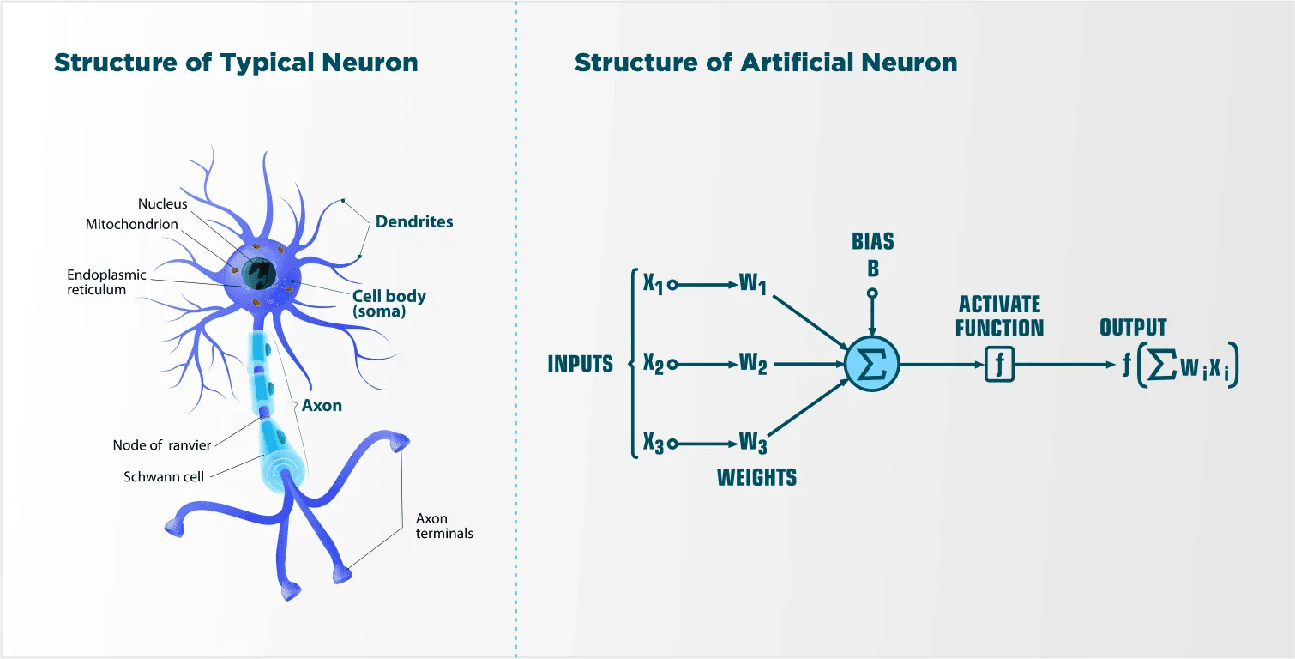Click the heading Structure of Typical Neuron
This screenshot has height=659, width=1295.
tap(236, 63)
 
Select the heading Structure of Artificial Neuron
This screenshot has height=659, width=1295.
tap(766, 63)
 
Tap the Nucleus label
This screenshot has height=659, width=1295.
tap(162, 204)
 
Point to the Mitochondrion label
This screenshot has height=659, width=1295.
tap(132, 224)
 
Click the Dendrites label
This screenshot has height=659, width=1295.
tap(414, 221)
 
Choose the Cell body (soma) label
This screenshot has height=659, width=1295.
tap(389, 304)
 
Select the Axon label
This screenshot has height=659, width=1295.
tap(322, 405)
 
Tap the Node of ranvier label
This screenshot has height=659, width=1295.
tap(161, 444)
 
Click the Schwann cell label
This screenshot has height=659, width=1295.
tap(164, 476)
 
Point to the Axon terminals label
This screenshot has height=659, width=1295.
tap(444, 526)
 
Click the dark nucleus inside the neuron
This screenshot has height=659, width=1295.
tap(256, 274)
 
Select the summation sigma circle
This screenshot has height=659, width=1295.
tap(871, 364)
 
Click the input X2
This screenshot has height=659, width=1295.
tap(654, 365)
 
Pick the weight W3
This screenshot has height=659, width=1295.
tap(753, 444)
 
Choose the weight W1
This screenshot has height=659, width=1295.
tap(753, 285)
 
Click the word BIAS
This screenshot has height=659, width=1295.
tap(873, 241)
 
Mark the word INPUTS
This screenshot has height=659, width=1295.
tap(581, 365)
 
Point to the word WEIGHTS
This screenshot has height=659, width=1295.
tap(756, 477)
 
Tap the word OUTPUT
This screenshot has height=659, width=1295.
tap(1133, 328)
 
